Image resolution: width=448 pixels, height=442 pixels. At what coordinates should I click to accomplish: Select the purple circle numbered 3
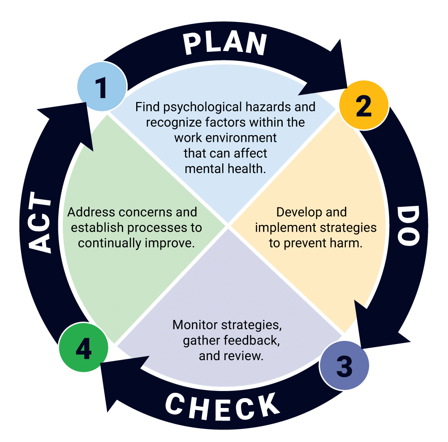[x=344, y=366]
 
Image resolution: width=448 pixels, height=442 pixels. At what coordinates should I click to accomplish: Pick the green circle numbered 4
[x=84, y=348]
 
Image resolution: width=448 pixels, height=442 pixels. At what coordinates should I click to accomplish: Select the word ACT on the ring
[x=41, y=224]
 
